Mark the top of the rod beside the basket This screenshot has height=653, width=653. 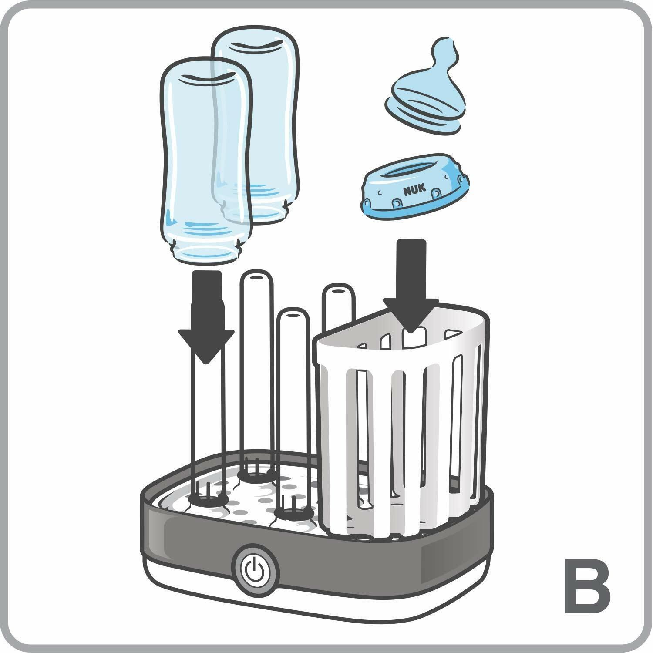click(x=337, y=289)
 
